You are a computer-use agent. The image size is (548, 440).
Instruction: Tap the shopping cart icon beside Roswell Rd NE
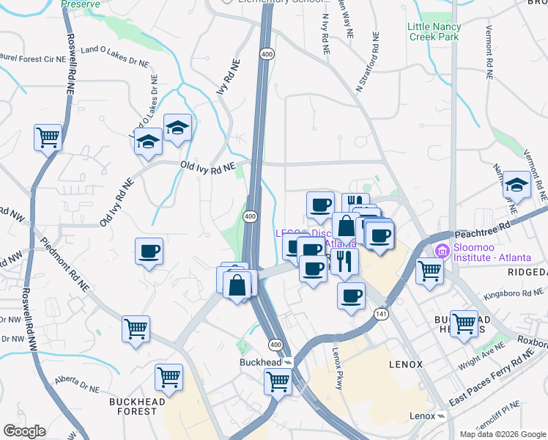click(x=48, y=137)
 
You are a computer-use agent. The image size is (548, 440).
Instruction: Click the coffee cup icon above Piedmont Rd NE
click(x=149, y=252)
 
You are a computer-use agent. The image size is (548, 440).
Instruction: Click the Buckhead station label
click(x=262, y=362)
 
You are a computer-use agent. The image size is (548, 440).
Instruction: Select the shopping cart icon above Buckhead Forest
click(x=169, y=378)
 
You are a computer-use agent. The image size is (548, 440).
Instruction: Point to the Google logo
click(x=24, y=431)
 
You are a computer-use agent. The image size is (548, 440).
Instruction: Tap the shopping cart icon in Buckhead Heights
click(x=464, y=323)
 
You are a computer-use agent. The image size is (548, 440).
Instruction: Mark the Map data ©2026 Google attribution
click(x=501, y=434)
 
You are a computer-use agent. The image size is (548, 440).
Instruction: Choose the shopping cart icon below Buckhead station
click(x=278, y=381)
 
